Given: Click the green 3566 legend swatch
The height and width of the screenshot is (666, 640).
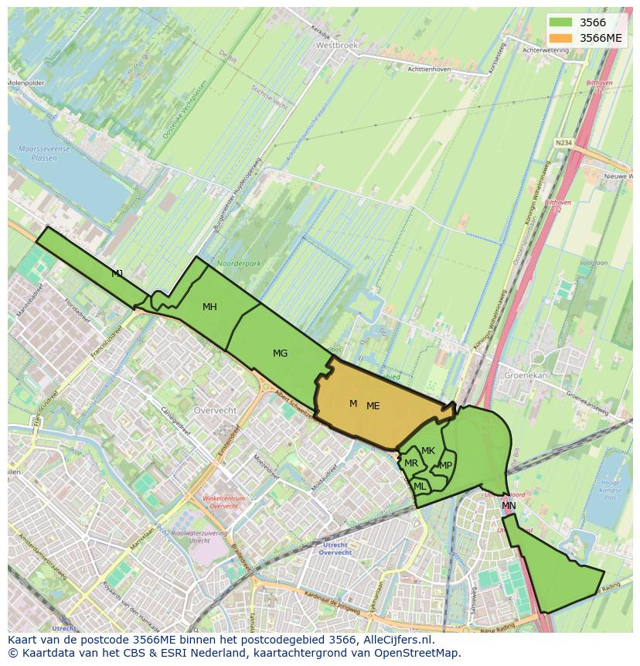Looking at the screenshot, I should [560, 22].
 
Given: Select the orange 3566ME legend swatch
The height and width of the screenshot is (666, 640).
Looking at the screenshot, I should [560, 38].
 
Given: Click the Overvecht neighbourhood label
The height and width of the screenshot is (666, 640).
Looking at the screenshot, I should [216, 409].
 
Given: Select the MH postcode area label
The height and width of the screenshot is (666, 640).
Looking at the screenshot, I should [209, 307].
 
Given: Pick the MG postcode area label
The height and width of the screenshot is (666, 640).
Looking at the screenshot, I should [280, 353].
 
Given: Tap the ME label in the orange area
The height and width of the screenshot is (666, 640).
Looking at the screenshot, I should [373, 406].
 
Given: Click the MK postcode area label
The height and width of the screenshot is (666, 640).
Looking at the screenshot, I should [428, 451].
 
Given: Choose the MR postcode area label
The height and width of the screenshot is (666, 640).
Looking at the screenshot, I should [411, 463].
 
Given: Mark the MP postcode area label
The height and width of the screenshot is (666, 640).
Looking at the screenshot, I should [445, 466].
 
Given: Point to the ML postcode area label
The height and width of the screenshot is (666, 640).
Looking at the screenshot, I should [419, 487].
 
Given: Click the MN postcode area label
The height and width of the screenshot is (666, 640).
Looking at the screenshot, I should [509, 506].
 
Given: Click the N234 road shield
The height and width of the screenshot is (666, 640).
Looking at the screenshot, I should [563, 142].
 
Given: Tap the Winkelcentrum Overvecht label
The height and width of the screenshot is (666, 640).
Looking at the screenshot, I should [223, 502].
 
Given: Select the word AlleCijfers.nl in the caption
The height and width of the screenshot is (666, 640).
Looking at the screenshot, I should [397, 640].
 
